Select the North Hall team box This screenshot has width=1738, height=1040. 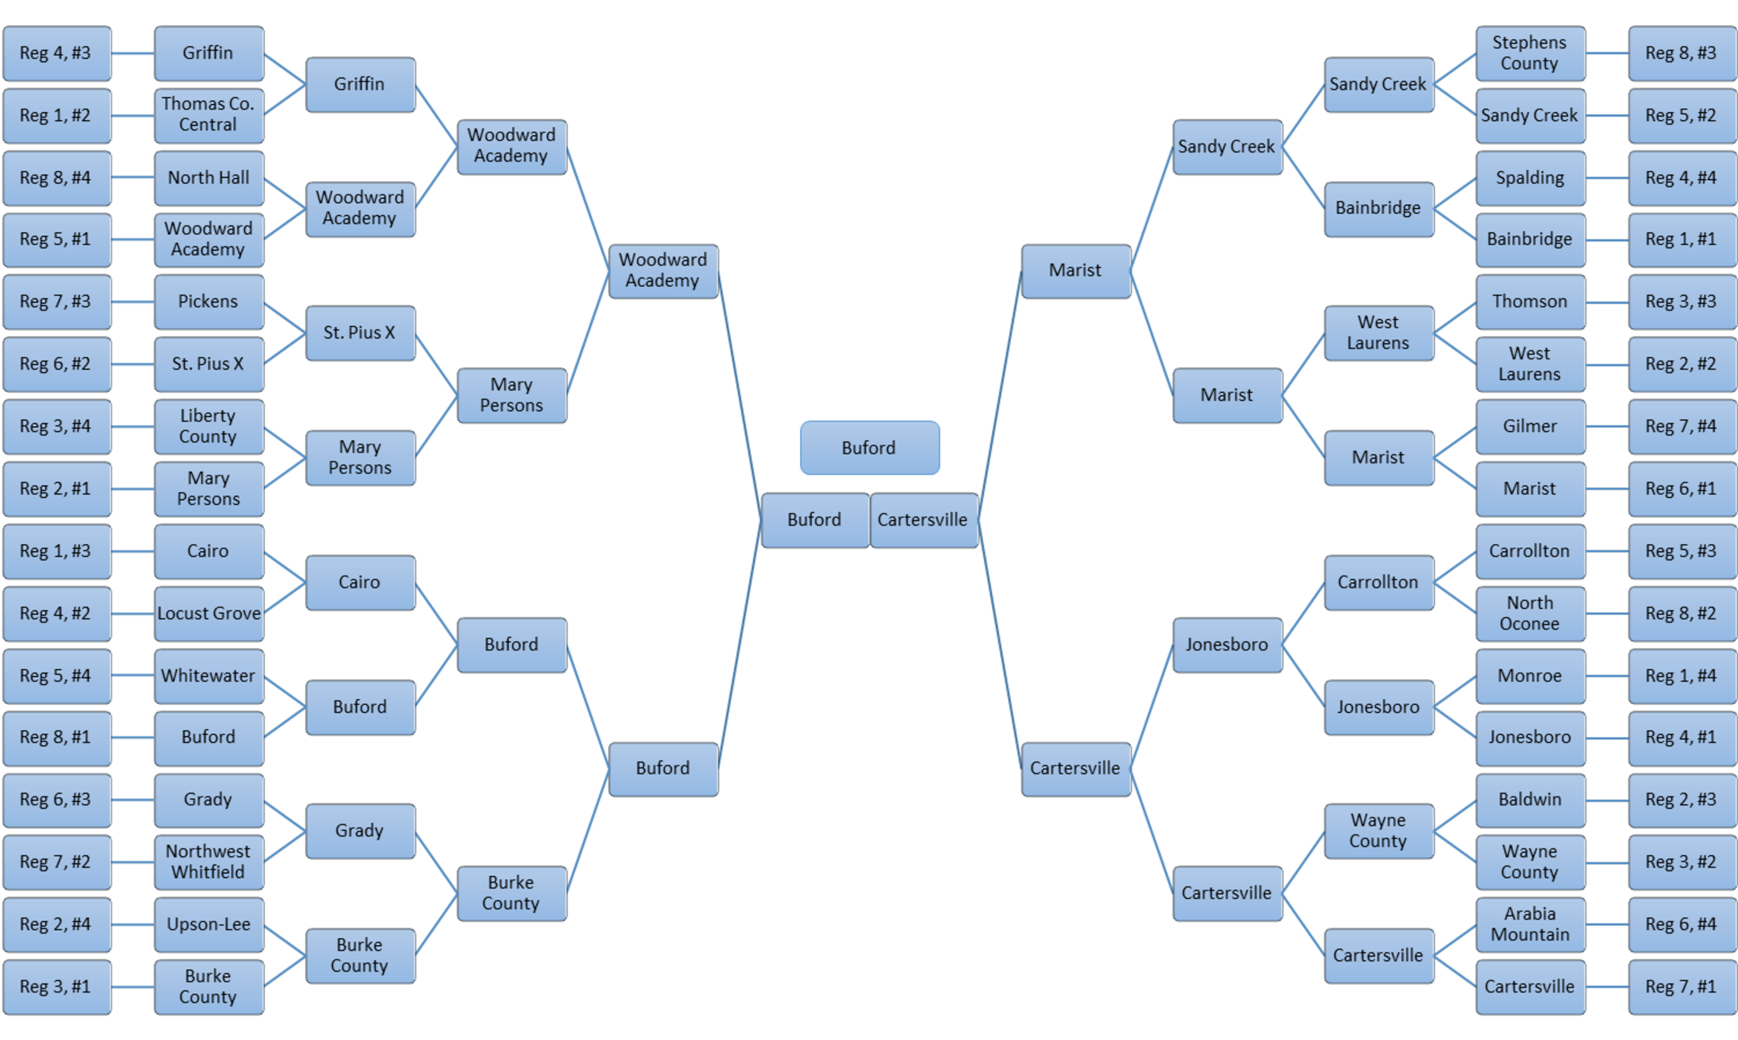(x=208, y=177)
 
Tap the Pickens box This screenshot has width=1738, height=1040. (x=208, y=301)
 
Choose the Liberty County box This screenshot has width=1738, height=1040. (x=208, y=426)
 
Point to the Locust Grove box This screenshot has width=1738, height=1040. (x=208, y=613)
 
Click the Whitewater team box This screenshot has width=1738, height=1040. (x=208, y=676)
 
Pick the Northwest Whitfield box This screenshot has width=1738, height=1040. (x=208, y=861)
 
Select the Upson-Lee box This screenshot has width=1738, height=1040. (x=208, y=924)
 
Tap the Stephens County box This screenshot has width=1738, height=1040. (x=1529, y=52)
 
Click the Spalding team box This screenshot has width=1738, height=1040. (x=1529, y=177)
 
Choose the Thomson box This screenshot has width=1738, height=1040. (x=1529, y=301)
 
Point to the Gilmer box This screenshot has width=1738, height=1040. (x=1529, y=426)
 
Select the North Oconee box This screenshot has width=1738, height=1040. (x=1529, y=613)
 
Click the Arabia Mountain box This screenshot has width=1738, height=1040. (x=1529, y=924)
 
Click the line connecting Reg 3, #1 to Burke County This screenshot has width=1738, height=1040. (x=133, y=987)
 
